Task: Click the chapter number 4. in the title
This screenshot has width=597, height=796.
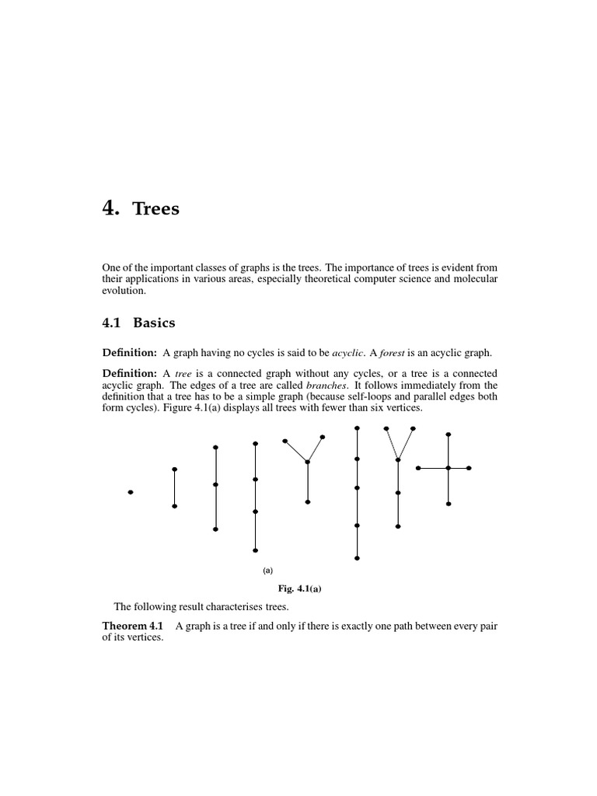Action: tap(112, 208)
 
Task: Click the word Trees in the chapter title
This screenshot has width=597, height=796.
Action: tap(156, 209)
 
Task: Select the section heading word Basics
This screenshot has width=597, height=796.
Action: tap(154, 323)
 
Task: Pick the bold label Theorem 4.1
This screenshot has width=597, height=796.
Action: tap(133, 626)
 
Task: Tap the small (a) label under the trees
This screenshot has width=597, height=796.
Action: tap(268, 570)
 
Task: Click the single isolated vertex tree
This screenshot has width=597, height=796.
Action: tap(131, 492)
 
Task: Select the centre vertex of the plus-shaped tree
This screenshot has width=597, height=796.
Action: tap(449, 468)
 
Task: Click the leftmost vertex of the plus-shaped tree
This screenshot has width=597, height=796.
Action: tap(418, 468)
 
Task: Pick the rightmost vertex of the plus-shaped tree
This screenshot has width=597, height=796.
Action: tap(469, 468)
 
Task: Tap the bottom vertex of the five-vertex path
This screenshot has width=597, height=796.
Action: tap(357, 558)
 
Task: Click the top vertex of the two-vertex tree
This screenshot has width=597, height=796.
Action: tap(175, 470)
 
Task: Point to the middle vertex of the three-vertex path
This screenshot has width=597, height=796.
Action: tap(215, 484)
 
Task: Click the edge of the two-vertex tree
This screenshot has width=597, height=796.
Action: tap(175, 488)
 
